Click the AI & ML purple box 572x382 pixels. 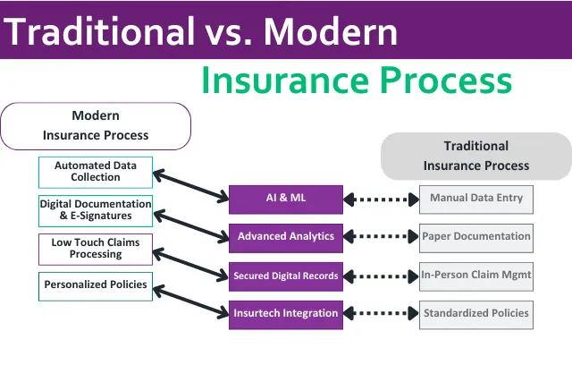point(273,199)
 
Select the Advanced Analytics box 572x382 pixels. point(273,237)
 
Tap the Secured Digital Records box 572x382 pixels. point(273,276)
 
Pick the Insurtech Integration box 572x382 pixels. point(273,314)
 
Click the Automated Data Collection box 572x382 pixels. point(96,172)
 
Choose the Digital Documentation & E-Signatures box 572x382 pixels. point(96,210)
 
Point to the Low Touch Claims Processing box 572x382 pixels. point(96,249)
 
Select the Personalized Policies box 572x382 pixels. point(96,286)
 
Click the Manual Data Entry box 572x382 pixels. point(476,199)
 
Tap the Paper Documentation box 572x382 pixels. point(476,237)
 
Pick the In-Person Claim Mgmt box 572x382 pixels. point(476,276)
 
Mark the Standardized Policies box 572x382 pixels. point(476,314)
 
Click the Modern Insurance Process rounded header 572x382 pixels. point(96,126)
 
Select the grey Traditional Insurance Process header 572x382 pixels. point(476,156)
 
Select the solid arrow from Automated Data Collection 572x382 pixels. point(190,184)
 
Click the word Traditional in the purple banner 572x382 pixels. point(99,31)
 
